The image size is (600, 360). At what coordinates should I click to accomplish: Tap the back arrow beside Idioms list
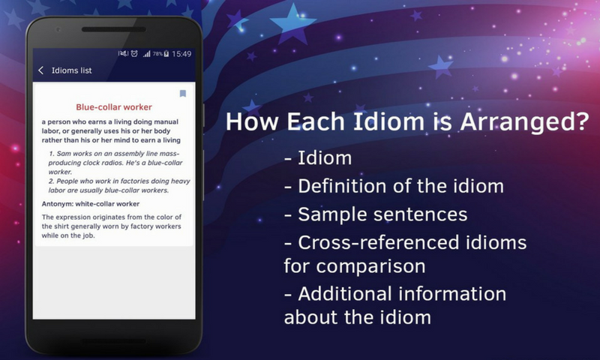pos(41,70)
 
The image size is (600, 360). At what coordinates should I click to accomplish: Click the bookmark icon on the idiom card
pos(182,94)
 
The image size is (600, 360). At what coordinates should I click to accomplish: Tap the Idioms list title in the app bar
pos(71,70)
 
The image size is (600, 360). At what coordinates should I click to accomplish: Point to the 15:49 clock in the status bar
pos(181,54)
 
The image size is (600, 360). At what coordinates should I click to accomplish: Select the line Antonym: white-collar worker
pos(91,204)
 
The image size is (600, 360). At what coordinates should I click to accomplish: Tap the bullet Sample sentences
pos(376,214)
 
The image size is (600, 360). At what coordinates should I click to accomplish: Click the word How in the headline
pos(250,121)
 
